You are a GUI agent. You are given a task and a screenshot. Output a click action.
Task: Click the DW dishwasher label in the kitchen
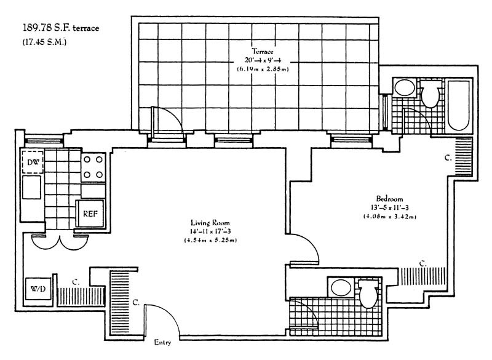coord(33,163)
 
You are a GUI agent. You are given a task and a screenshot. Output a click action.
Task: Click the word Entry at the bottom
coord(163,342)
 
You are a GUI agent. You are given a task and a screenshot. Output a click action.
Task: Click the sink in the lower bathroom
coord(338,287)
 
